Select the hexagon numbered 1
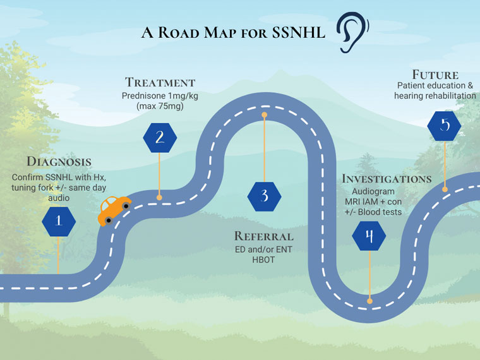[59, 220]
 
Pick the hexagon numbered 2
[160, 138]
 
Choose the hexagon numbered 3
[265, 197]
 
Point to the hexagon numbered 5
[445, 125]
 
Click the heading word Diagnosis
[59, 161]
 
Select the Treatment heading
[160, 82]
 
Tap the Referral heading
[264, 236]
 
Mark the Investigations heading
[387, 178]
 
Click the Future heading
[435, 74]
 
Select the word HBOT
[264, 260]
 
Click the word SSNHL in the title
[296, 33]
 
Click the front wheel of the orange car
[127, 206]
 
